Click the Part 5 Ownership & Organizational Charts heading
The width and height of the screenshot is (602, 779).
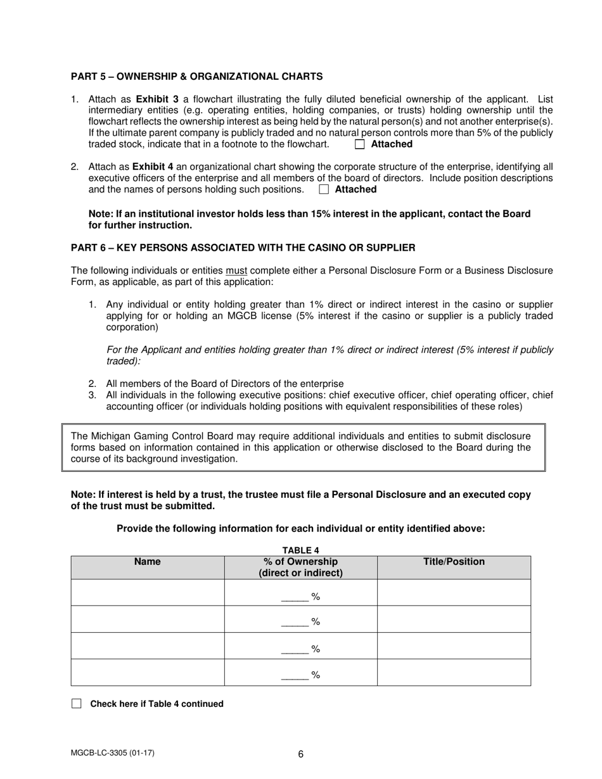point(196,77)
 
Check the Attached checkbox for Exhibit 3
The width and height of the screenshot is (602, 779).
point(360,144)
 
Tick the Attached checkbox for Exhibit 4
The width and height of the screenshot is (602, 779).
point(324,189)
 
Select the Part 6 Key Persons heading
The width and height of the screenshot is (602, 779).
point(243,248)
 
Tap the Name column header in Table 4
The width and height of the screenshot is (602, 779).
point(148,562)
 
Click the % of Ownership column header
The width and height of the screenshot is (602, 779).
point(301,567)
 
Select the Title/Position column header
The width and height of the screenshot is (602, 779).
point(454,562)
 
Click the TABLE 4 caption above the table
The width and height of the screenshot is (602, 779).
point(301,550)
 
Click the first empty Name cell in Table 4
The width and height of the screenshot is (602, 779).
point(148,593)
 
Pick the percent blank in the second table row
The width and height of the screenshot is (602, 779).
point(294,623)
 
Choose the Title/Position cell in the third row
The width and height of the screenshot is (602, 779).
point(454,646)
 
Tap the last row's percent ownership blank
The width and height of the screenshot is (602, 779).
point(294,675)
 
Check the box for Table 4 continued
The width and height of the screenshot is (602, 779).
point(77,704)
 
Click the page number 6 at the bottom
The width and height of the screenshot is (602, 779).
point(301,754)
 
